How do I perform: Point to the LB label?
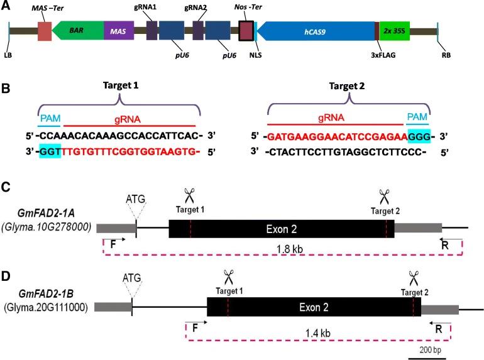click(8, 55)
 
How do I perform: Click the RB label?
click(447, 55)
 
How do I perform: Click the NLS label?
click(255, 55)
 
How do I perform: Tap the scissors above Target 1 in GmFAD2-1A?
click(190, 196)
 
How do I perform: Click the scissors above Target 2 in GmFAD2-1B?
click(413, 277)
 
